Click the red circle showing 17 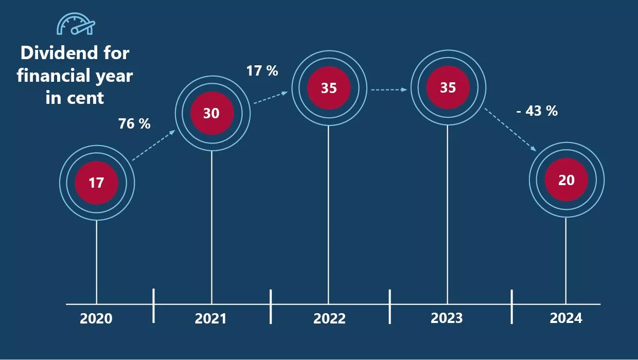tap(97, 182)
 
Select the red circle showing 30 tap(211, 113)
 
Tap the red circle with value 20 tap(566, 180)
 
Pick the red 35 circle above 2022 tap(329, 88)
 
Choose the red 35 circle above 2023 tap(448, 88)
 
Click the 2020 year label tap(96, 318)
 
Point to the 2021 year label tap(210, 318)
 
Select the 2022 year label tap(329, 318)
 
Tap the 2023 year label tap(447, 318)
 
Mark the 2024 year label tap(566, 318)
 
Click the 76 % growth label tap(134, 123)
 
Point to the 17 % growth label tap(262, 70)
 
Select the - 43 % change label tap(537, 111)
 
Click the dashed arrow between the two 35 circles tap(389, 89)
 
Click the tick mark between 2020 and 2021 tap(154, 305)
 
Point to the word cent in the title tap(87, 98)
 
